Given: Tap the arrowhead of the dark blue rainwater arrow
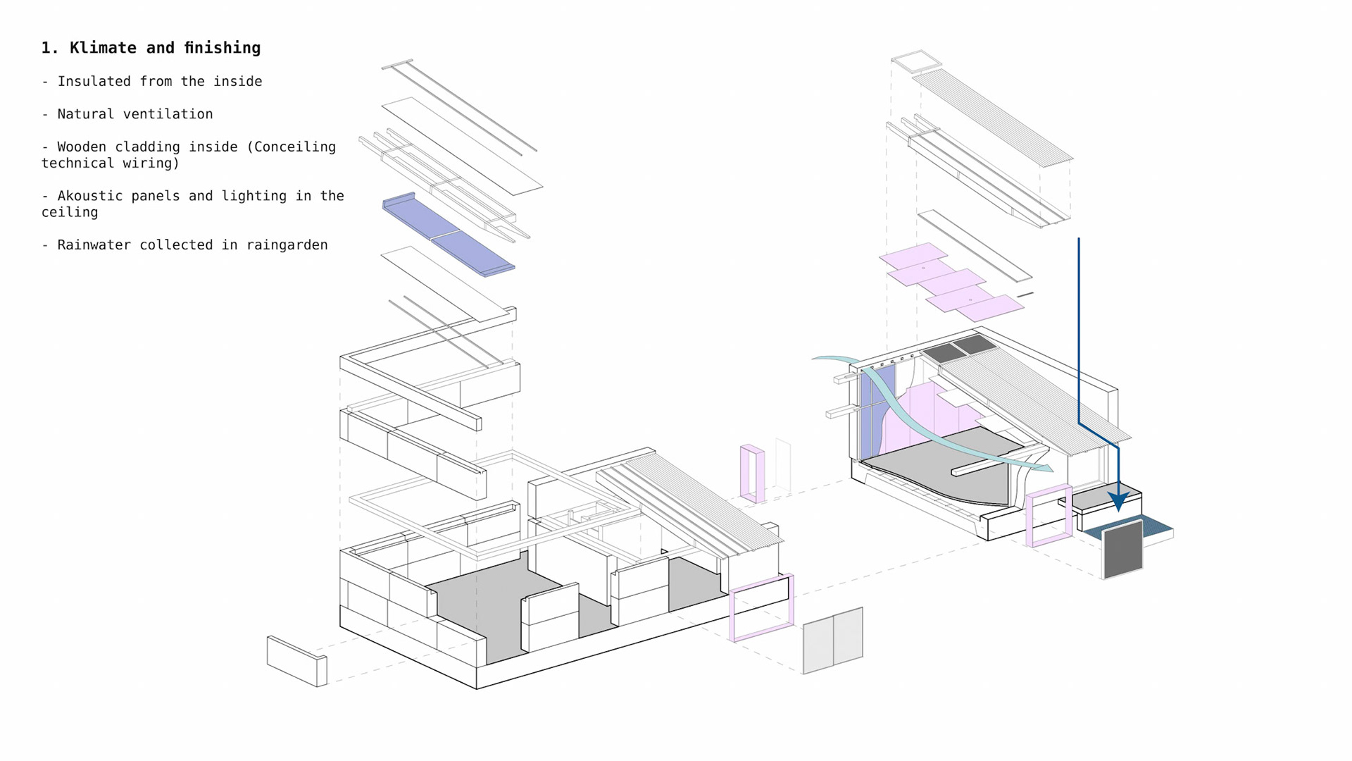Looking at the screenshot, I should pos(1118,501).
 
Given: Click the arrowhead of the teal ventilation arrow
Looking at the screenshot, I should pos(1048,467).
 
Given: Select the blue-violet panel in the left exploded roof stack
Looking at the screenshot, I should pos(449,234).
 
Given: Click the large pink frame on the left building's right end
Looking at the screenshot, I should pos(762,607).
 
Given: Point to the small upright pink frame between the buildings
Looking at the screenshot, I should pos(752,474).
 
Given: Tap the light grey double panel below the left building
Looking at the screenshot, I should pos(833,640).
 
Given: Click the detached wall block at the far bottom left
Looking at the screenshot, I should pos(296,661).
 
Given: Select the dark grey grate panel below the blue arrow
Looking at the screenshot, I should pos(1122,549).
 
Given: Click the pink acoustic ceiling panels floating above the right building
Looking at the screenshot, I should pos(951,282).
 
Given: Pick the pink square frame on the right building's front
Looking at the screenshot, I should pos(1049,516).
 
